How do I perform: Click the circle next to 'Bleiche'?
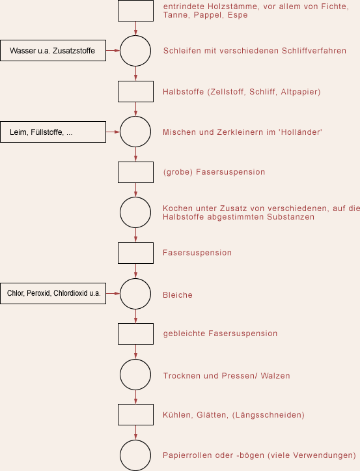pyautogui.click(x=135, y=278)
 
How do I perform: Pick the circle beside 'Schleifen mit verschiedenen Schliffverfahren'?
pyautogui.click(x=135, y=36)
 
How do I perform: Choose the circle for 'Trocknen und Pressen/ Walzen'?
pyautogui.click(x=135, y=360)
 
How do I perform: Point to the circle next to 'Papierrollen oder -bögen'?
pyautogui.click(x=135, y=440)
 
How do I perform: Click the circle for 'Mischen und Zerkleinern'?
pyautogui.click(x=135, y=117)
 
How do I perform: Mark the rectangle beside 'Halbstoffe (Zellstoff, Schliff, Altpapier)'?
pyautogui.click(x=135, y=81)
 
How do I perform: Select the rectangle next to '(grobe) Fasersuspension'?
pyautogui.click(x=135, y=162)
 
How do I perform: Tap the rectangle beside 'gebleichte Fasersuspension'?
pyautogui.click(x=135, y=324)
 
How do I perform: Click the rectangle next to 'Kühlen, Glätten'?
pyautogui.click(x=135, y=405)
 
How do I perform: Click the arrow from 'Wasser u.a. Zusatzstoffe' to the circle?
pyautogui.click(x=113, y=50)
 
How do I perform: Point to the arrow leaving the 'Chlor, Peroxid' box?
pyautogui.click(x=113, y=293)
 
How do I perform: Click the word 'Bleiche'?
pyautogui.click(x=178, y=295)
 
